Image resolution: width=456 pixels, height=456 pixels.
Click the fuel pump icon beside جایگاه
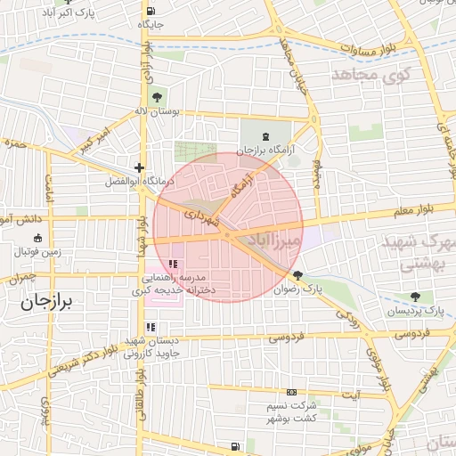(x=147, y=11)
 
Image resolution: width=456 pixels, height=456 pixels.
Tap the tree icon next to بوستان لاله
(x=157, y=96)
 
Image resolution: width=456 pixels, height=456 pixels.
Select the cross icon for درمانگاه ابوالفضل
(x=138, y=167)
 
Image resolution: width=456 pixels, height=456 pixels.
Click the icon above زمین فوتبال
(x=37, y=238)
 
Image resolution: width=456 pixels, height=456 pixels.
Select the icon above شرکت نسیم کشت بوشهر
(x=291, y=393)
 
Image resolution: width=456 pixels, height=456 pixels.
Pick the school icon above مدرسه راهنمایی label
(x=173, y=265)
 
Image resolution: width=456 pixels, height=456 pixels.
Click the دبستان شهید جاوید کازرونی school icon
(x=151, y=328)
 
